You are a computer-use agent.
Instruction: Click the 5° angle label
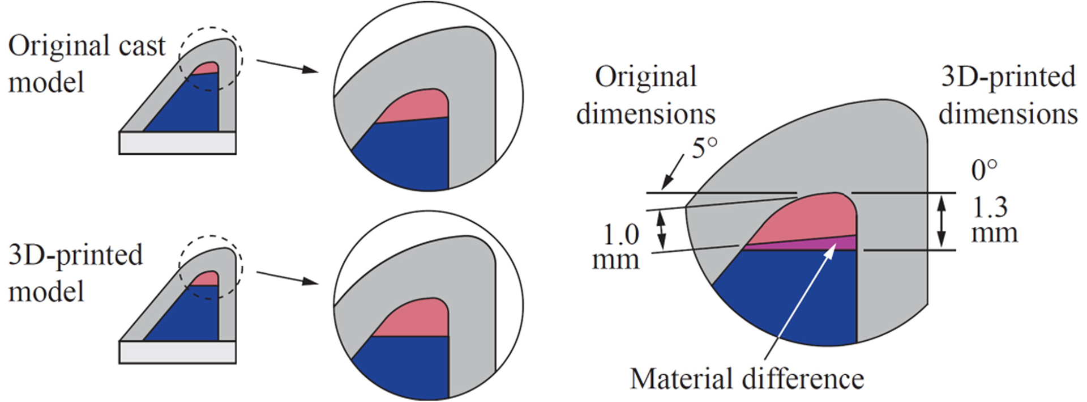704,149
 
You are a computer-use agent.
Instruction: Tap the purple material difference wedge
827,244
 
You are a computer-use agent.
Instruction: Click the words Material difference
746,378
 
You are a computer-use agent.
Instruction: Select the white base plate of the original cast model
177,143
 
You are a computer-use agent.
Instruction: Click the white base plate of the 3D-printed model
177,352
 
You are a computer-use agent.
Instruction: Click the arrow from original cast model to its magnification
286,66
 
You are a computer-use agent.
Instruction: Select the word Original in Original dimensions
645,77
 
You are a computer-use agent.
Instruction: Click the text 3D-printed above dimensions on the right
1008,77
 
